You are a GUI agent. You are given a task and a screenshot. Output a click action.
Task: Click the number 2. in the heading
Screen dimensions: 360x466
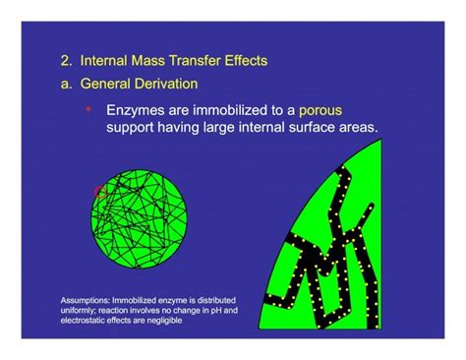point(66,61)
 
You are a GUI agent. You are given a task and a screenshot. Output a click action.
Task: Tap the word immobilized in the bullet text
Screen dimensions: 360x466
point(224,111)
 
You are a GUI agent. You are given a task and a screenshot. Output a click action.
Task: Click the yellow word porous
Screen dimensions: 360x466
point(320,111)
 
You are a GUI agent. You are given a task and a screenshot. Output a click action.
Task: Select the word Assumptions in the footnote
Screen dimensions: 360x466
point(84,299)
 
